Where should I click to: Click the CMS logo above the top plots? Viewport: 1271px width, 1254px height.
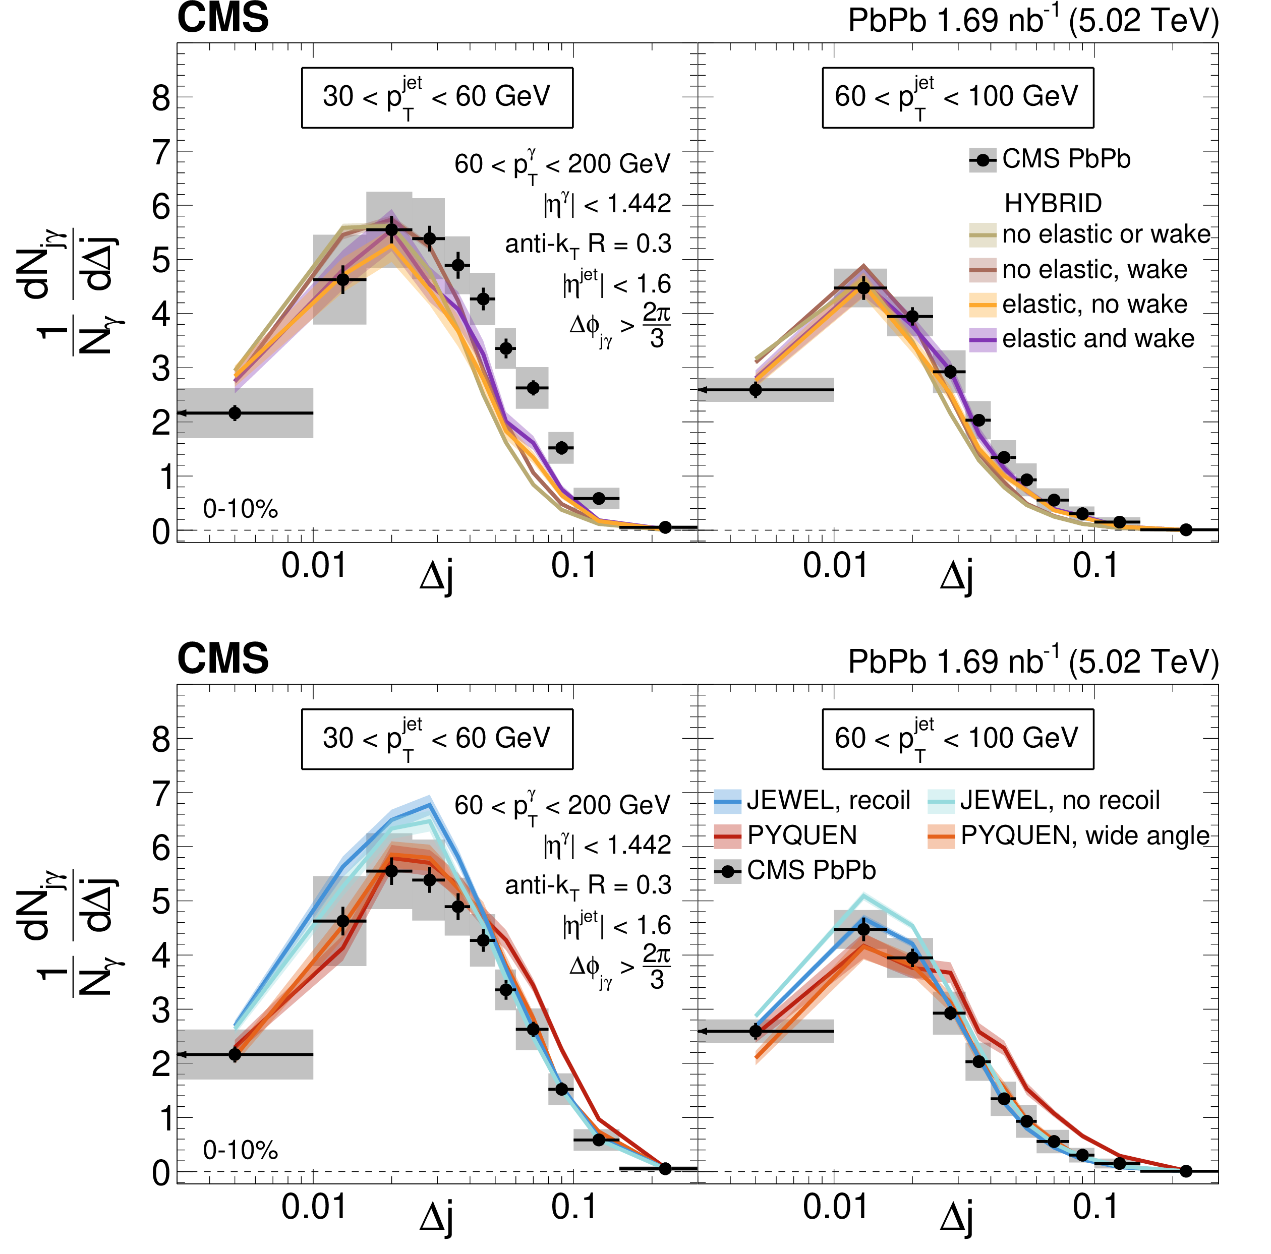click(x=222, y=18)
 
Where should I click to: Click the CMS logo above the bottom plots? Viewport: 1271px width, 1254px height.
click(x=222, y=658)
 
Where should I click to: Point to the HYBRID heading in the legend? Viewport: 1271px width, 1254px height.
click(x=1053, y=203)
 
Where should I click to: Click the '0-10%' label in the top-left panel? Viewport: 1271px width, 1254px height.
click(x=240, y=509)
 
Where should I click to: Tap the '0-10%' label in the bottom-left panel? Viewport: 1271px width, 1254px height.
click(x=240, y=1150)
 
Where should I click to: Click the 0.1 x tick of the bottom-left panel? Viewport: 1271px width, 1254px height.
click(x=573, y=1206)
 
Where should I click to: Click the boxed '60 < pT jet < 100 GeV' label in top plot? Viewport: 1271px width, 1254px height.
click(x=957, y=97)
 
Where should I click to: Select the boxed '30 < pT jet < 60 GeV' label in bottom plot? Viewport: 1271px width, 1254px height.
click(x=437, y=739)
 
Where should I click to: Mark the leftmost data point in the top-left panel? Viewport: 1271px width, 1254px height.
click(x=234, y=413)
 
